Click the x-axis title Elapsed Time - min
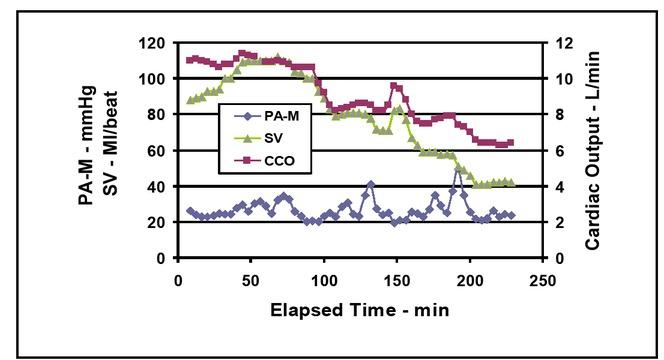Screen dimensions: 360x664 [359, 310]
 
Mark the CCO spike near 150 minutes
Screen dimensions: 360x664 [395, 86]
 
